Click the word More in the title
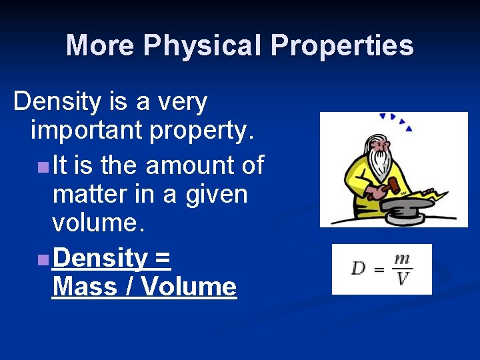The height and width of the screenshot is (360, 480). coord(99,45)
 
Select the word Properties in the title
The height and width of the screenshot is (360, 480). coord(342,45)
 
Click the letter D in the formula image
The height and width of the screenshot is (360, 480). coord(359,269)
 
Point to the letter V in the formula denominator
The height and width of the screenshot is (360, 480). coord(401,278)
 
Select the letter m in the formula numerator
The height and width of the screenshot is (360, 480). coord(401,259)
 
